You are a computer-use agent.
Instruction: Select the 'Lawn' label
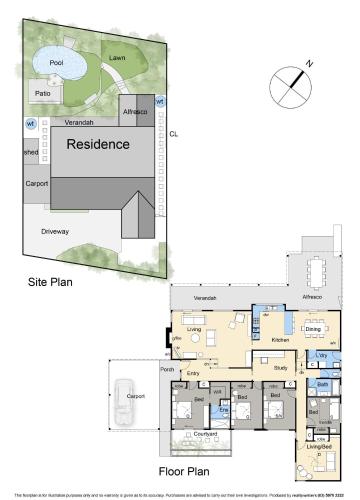118,58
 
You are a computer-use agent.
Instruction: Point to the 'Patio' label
42,93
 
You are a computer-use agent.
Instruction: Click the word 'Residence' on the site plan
98,144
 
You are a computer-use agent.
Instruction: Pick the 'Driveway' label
55,231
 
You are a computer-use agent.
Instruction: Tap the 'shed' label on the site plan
30,152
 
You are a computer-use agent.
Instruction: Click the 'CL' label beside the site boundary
173,134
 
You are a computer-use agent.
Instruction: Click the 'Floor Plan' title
185,468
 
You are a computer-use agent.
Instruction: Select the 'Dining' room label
313,327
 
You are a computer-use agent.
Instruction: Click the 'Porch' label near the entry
166,369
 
